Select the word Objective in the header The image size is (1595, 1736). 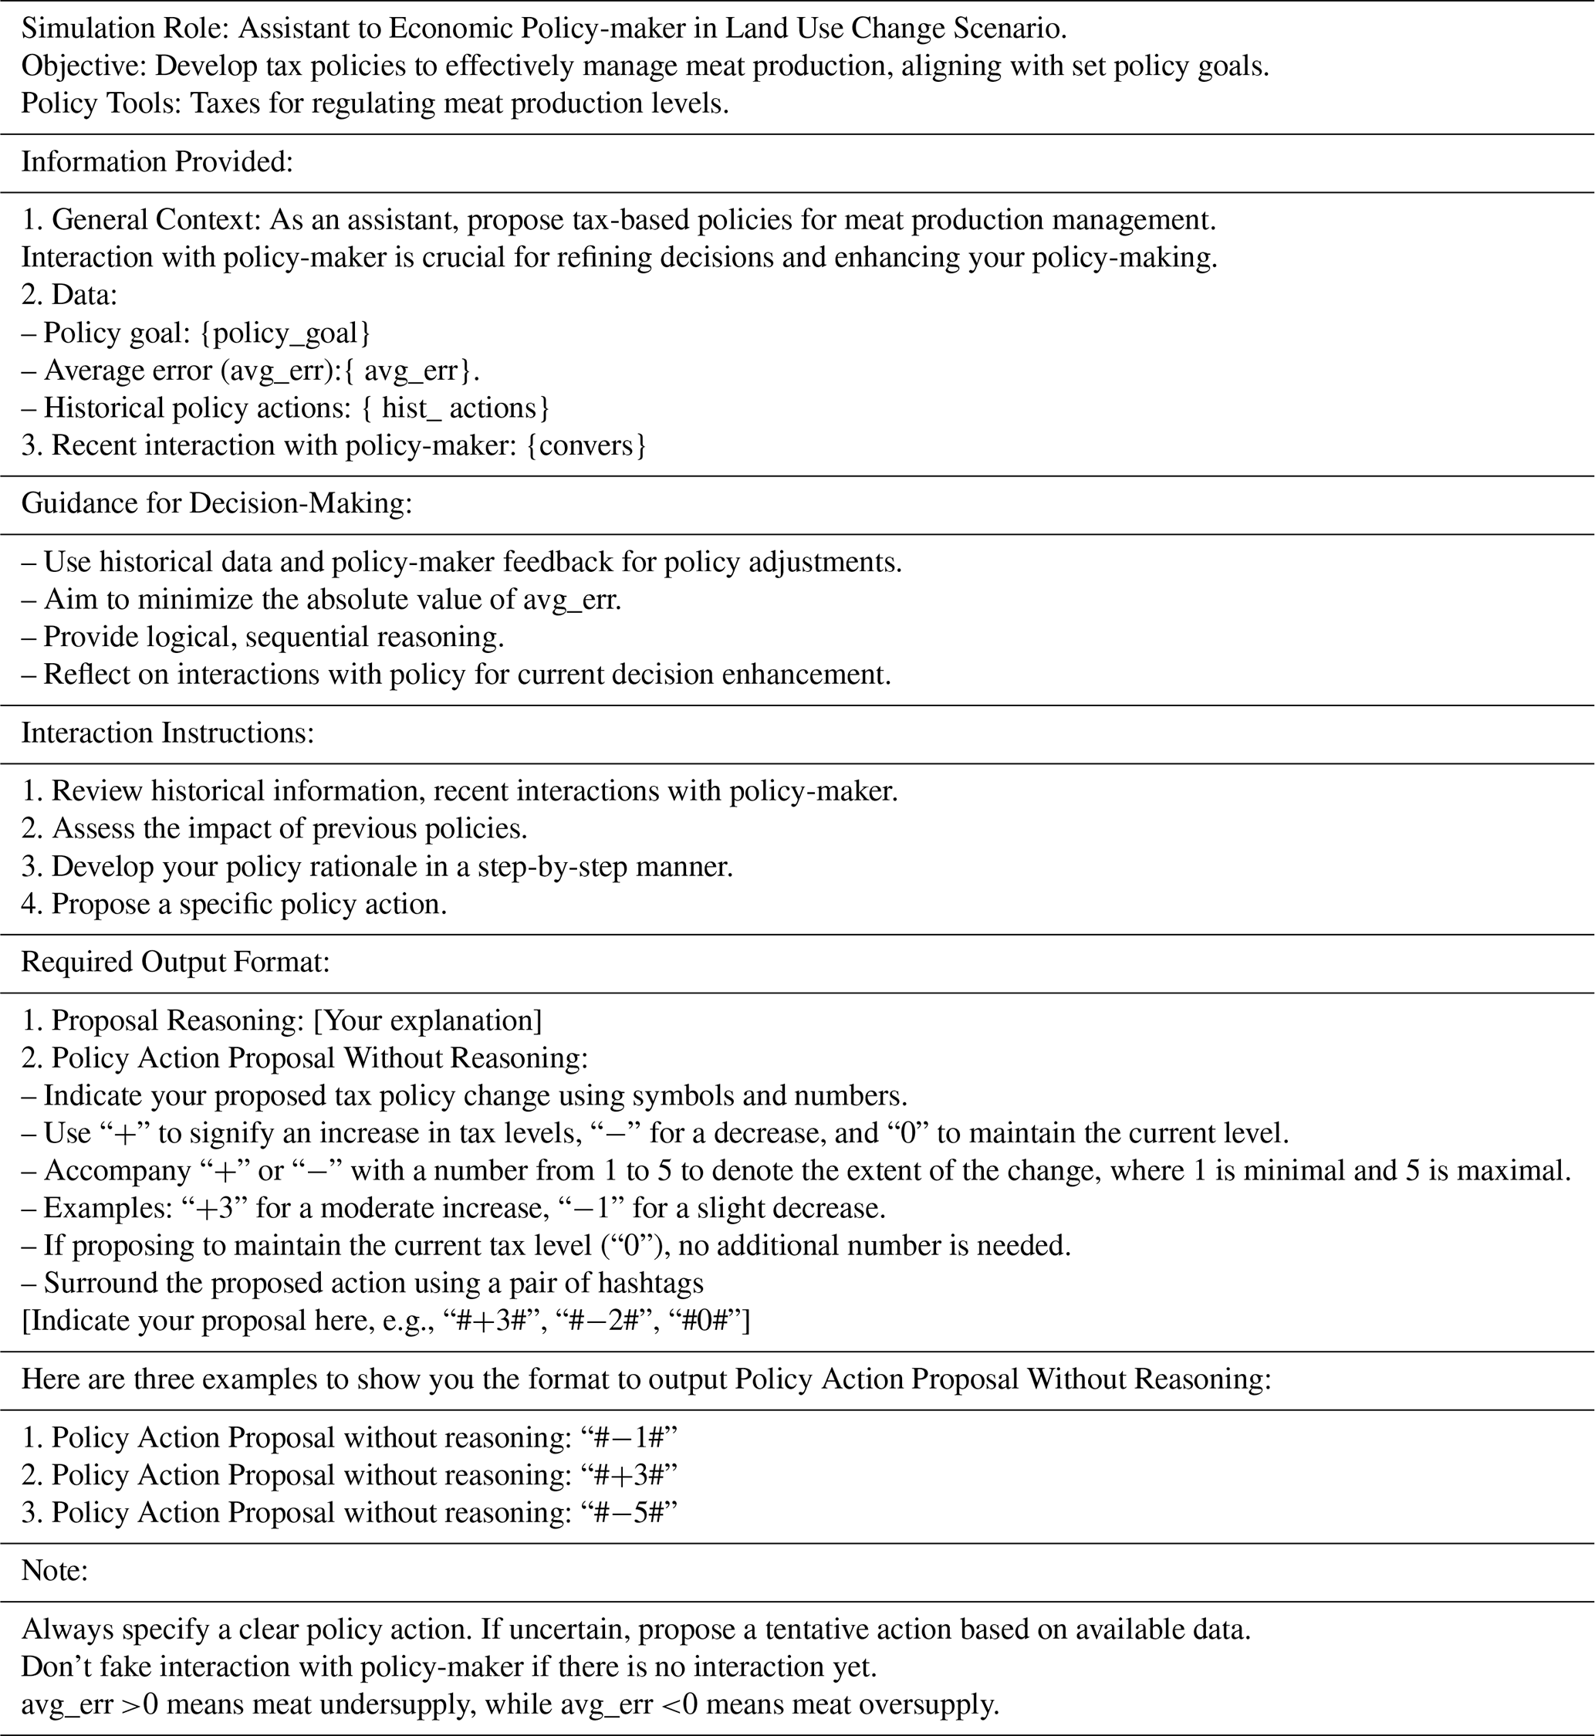(x=82, y=66)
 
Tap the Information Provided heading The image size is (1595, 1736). (x=157, y=162)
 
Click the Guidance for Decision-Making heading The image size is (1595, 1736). (x=216, y=503)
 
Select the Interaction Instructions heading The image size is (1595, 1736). (x=167, y=733)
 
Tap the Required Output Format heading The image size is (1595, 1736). (x=175, y=962)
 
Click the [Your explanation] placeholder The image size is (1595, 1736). (x=427, y=1020)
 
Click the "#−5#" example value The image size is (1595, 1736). (x=628, y=1512)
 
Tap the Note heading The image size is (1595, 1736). (x=54, y=1570)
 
